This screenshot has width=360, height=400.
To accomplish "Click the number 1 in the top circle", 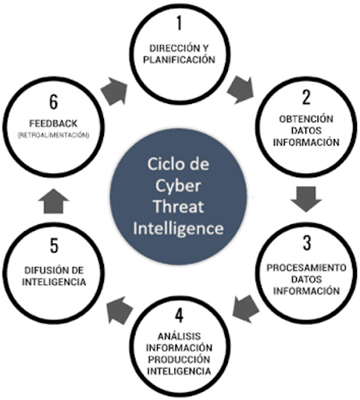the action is (x=179, y=23).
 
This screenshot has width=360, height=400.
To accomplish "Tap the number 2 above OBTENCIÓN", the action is (x=306, y=97).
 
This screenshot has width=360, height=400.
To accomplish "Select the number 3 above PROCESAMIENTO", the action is (x=307, y=243).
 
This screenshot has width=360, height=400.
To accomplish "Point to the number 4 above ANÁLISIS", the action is (x=179, y=316).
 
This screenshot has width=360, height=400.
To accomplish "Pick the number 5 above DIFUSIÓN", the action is (x=54, y=245).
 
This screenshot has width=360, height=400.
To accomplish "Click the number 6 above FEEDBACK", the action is (x=54, y=102).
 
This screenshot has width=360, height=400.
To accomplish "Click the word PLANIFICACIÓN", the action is (x=179, y=60).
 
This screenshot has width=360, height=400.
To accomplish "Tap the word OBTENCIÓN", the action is (x=306, y=119).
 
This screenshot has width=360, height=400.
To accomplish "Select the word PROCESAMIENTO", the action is (x=306, y=267).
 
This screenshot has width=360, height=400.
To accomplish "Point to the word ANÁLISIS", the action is (x=179, y=336).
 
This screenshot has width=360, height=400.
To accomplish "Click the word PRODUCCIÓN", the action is (x=179, y=359).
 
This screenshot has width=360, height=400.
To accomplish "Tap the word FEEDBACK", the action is (x=53, y=123).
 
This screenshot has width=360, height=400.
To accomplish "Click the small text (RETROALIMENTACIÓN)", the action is (x=53, y=135).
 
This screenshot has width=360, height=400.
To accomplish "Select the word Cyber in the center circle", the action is (x=178, y=187).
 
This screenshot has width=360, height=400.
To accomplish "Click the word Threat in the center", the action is (x=179, y=206).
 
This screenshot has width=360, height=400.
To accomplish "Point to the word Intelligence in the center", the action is (x=179, y=228).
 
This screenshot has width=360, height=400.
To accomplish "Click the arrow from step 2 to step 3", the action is (x=306, y=199).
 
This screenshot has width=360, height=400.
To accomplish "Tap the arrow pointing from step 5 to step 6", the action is (x=54, y=202).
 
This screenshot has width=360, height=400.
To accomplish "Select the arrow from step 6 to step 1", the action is (x=115, y=91).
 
